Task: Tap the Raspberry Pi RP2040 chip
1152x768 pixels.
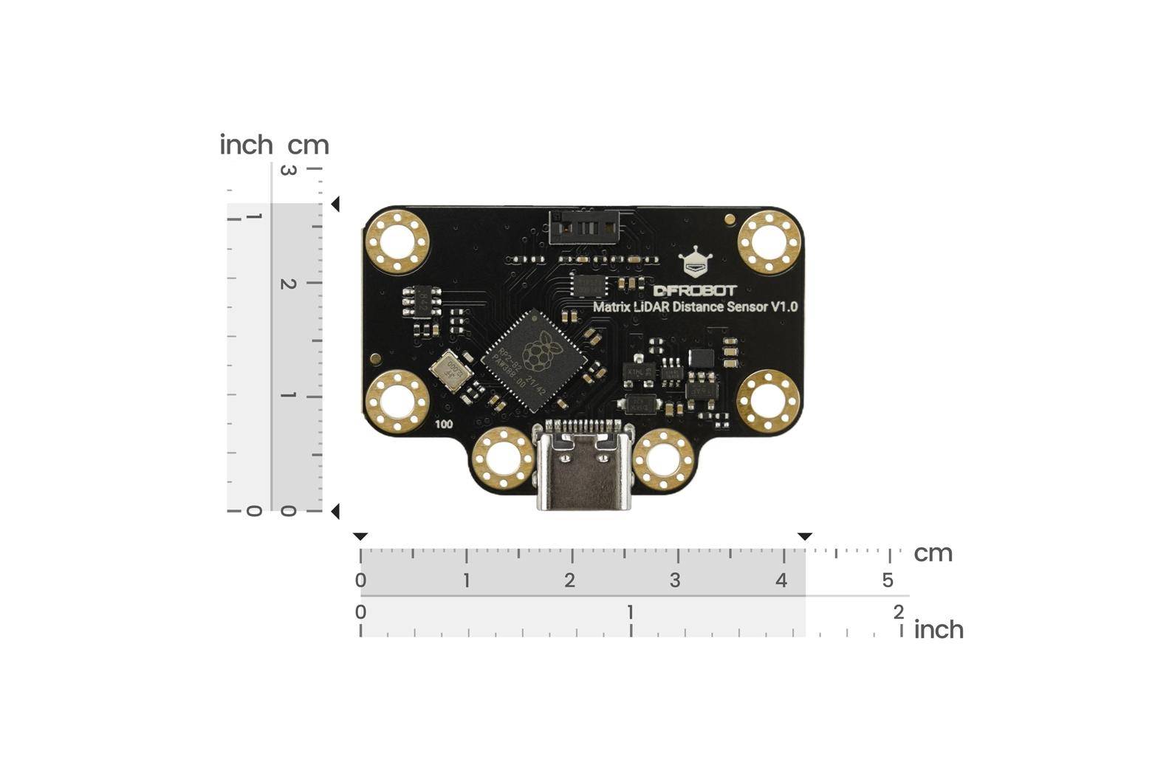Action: click(538, 361)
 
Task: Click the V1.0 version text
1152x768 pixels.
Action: click(784, 306)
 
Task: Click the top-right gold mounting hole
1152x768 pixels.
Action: click(769, 242)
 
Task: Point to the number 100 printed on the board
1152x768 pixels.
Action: click(444, 425)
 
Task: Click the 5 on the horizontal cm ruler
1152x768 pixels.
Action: click(888, 580)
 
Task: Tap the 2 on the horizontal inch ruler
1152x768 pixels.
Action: click(898, 612)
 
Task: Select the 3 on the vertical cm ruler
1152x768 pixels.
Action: click(289, 171)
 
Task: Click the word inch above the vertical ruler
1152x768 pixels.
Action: click(246, 145)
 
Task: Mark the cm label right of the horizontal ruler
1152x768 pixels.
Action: click(933, 554)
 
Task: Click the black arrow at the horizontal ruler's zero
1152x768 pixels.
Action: click(360, 537)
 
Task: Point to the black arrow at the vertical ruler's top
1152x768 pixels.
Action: click(335, 205)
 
